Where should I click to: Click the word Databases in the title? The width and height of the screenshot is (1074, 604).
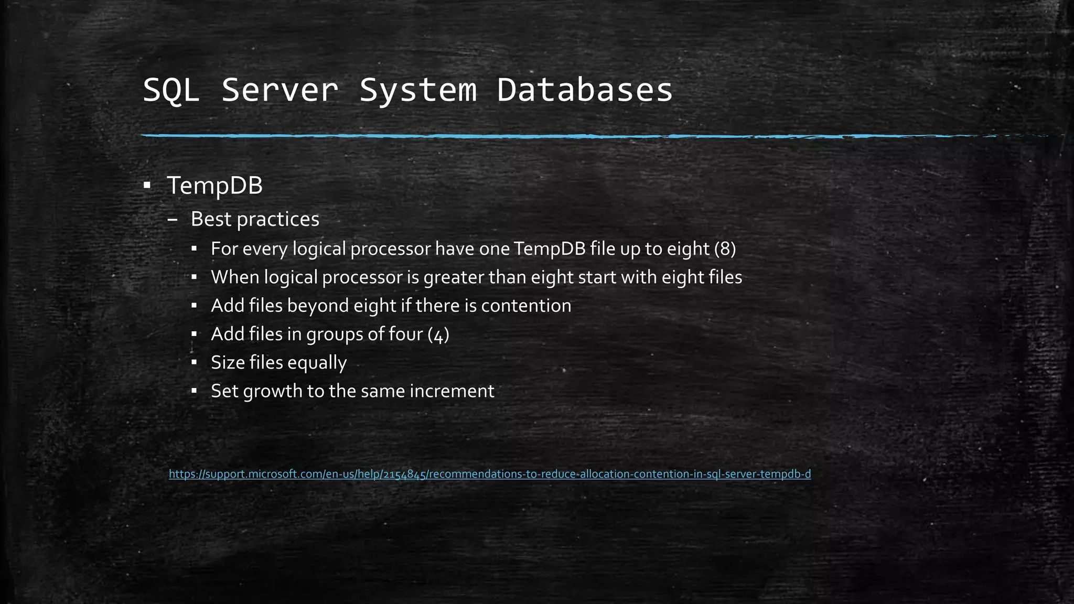(584, 90)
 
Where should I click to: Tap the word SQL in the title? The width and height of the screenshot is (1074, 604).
(171, 90)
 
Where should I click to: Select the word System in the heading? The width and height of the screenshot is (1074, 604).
(418, 90)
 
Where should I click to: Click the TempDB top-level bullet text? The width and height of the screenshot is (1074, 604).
(214, 186)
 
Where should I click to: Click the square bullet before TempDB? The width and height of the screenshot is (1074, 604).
(147, 185)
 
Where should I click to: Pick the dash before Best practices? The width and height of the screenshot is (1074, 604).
(173, 220)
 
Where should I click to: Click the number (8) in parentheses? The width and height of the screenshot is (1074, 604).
(725, 249)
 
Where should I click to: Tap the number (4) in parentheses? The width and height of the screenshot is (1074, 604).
(438, 334)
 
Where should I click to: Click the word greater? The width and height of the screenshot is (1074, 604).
(454, 277)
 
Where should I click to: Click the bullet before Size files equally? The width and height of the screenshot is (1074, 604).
(194, 362)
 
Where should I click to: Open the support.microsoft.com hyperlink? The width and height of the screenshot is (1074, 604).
(490, 474)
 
